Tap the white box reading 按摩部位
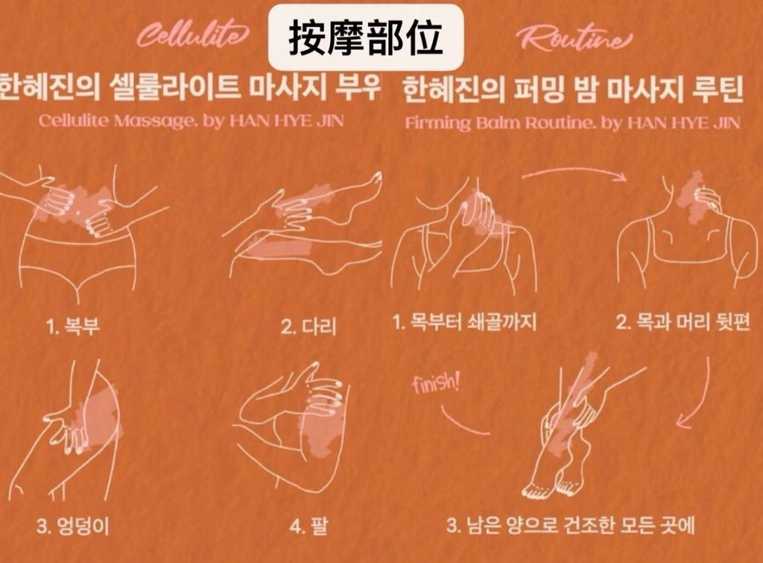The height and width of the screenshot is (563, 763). pyautogui.click(x=365, y=38)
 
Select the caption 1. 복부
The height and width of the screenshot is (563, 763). pyautogui.click(x=73, y=326)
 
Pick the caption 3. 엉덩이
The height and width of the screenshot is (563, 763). pyautogui.click(x=74, y=526)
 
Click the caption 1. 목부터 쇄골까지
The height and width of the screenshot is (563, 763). pyautogui.click(x=464, y=322)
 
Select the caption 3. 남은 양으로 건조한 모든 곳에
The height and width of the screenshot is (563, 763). pyautogui.click(x=571, y=526)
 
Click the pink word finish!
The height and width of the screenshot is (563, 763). pyautogui.click(x=435, y=383)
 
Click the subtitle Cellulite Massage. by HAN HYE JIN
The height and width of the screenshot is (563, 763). pyautogui.click(x=191, y=120)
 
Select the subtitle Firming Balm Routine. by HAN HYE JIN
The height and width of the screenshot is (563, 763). pyautogui.click(x=572, y=122)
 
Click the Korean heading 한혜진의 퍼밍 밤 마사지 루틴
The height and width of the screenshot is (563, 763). pyautogui.click(x=573, y=90)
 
